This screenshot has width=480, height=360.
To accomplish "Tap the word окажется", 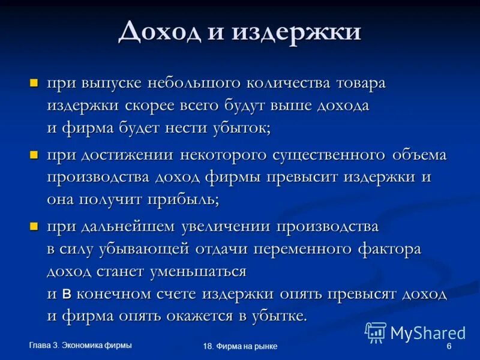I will [204, 316].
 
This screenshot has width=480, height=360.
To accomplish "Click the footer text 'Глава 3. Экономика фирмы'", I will [80, 344].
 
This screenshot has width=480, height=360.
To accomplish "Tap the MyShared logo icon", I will [376, 332].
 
